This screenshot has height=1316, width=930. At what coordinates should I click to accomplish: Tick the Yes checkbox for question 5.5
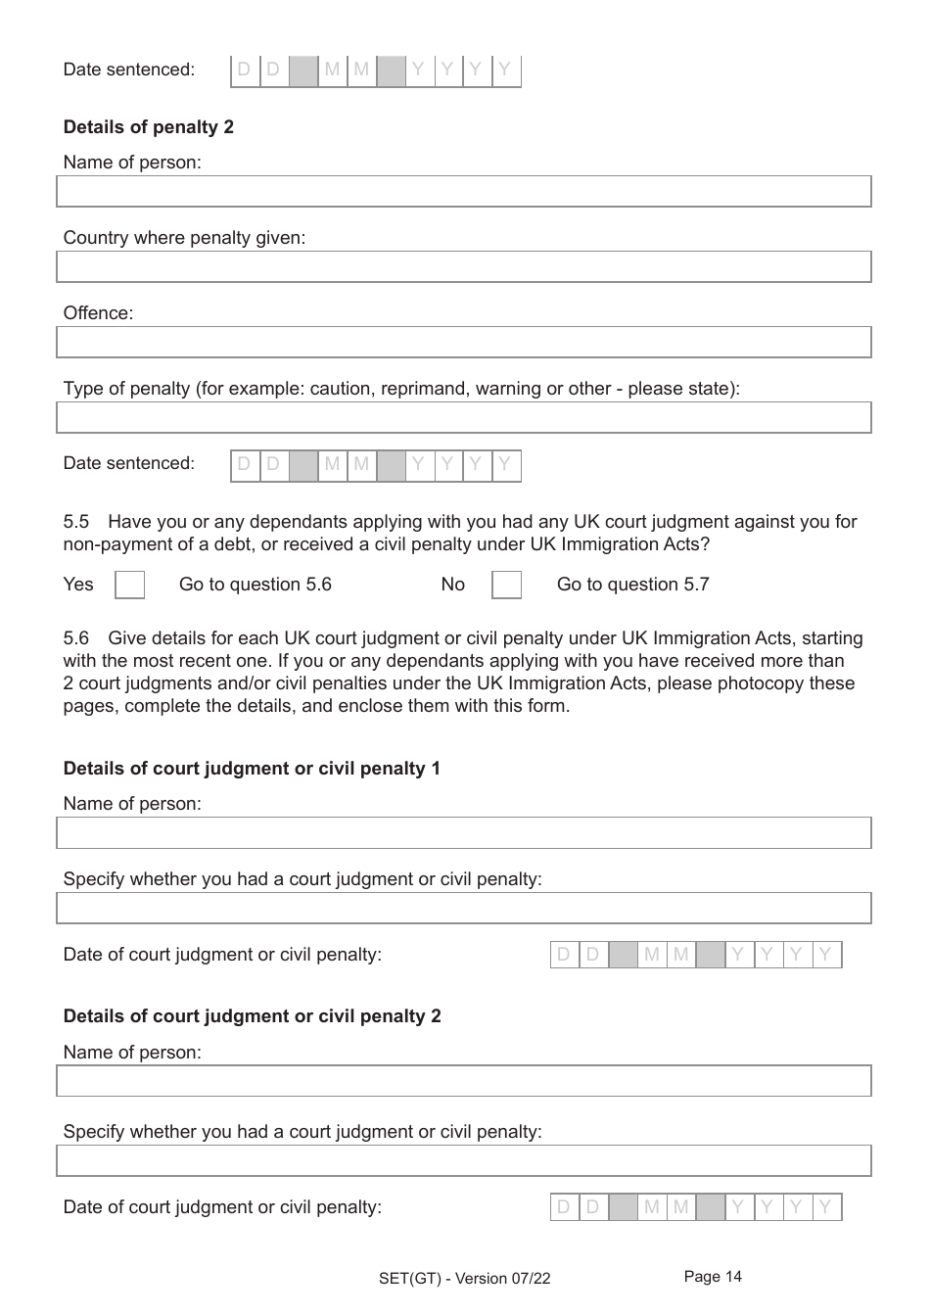point(129,585)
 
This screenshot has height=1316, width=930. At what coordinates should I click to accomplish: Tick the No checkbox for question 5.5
point(506,585)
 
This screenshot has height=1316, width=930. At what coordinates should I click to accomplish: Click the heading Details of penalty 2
point(148,127)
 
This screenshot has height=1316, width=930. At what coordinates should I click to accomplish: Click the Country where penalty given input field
point(463,266)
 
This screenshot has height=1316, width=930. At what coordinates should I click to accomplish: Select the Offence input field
point(463,342)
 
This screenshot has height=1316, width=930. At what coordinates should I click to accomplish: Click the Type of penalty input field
point(463,417)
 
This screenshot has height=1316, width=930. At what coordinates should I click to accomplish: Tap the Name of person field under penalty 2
point(463,191)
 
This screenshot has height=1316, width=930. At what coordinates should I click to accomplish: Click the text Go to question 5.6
point(255,585)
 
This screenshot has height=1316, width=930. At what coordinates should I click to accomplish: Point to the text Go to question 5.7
point(632,585)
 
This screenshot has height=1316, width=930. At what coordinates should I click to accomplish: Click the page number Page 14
point(713,1276)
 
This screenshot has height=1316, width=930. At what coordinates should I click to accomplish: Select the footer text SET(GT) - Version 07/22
point(464,1278)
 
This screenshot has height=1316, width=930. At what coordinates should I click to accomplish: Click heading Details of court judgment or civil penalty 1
point(252,769)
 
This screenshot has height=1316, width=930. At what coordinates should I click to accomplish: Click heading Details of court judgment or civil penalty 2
point(252,1016)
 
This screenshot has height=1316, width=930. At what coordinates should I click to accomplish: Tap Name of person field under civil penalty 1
point(463,832)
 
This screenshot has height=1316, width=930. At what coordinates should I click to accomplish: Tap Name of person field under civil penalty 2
point(463,1080)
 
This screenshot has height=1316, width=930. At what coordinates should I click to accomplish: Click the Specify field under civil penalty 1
point(463,908)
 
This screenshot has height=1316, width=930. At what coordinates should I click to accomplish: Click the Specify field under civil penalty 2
point(463,1160)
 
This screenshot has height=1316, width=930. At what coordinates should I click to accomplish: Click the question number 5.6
point(75,638)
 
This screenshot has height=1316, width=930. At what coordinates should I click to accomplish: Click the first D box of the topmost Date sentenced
point(245,70)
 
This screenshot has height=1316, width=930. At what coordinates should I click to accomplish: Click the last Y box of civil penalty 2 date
point(826,1207)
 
